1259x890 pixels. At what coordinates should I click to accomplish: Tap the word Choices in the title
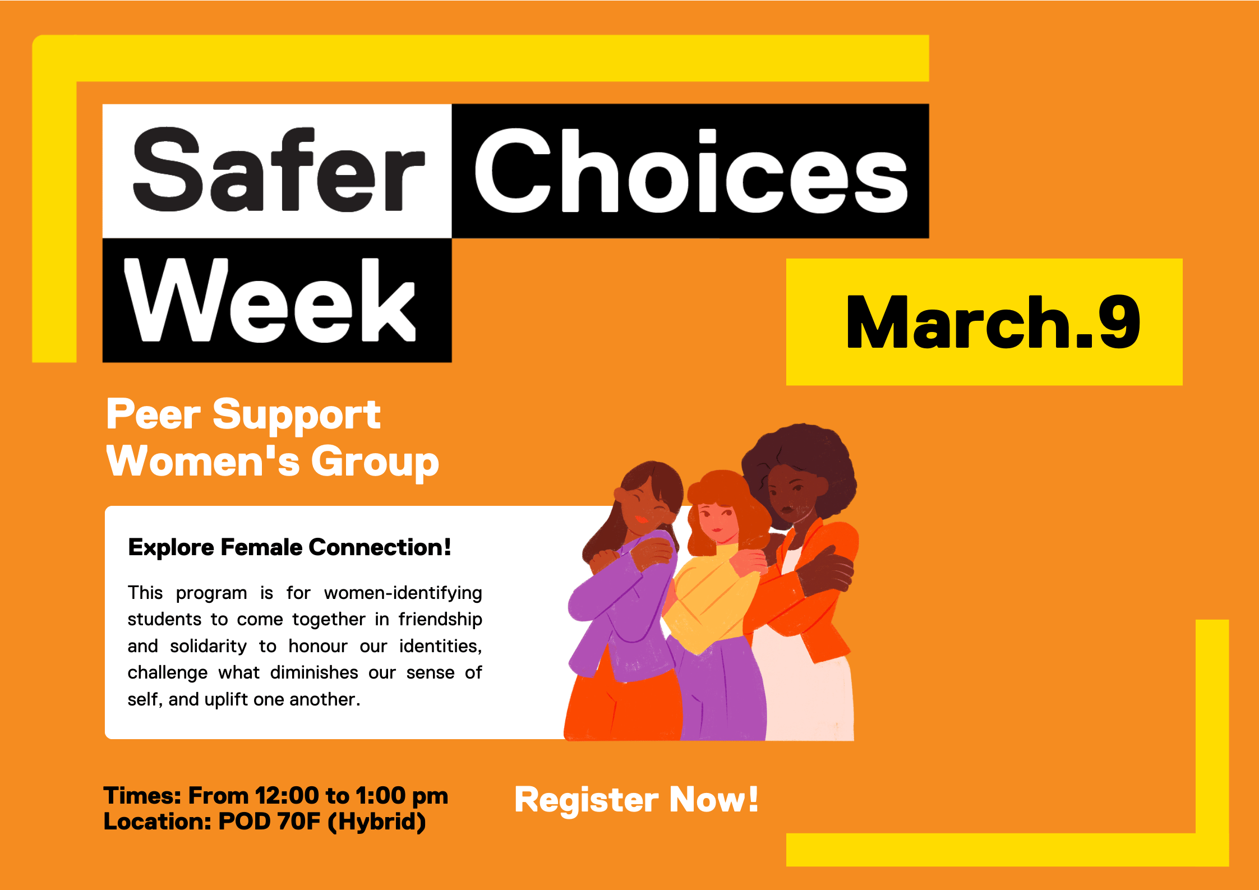coord(690,171)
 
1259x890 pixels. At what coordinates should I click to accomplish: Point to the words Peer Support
coord(243,415)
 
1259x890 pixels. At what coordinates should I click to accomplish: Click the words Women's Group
coord(272,462)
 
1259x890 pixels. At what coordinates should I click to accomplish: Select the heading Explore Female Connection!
coord(289,547)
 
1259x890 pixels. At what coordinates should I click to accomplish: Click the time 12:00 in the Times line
coord(287,796)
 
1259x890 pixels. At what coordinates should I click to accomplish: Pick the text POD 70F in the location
coord(269,822)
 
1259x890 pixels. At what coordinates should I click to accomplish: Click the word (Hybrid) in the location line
coord(377,822)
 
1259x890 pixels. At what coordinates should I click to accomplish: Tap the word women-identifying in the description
coord(403,593)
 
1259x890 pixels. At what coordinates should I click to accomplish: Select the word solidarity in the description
coord(208,646)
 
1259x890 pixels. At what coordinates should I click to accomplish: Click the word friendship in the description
coord(440,619)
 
